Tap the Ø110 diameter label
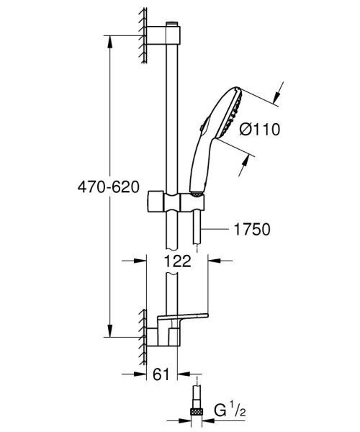click(258, 130)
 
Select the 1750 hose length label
click(251, 230)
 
